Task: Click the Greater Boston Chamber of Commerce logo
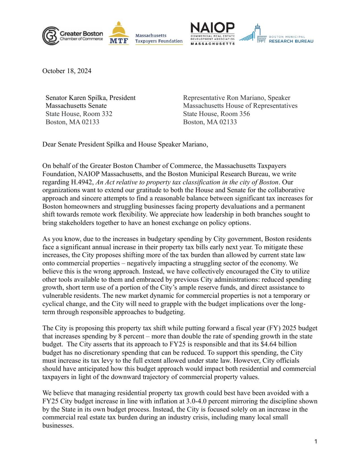coord(73,36)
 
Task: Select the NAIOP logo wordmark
coord(212,28)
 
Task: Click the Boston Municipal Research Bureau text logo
coord(291,39)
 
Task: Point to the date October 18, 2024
coord(67,71)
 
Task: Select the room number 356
coord(244,114)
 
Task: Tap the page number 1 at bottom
coord(316,442)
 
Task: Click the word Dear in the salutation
coord(49,145)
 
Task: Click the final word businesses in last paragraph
coord(58,426)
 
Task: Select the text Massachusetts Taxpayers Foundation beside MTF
coord(159,38)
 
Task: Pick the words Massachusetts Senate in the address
coord(76,106)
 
